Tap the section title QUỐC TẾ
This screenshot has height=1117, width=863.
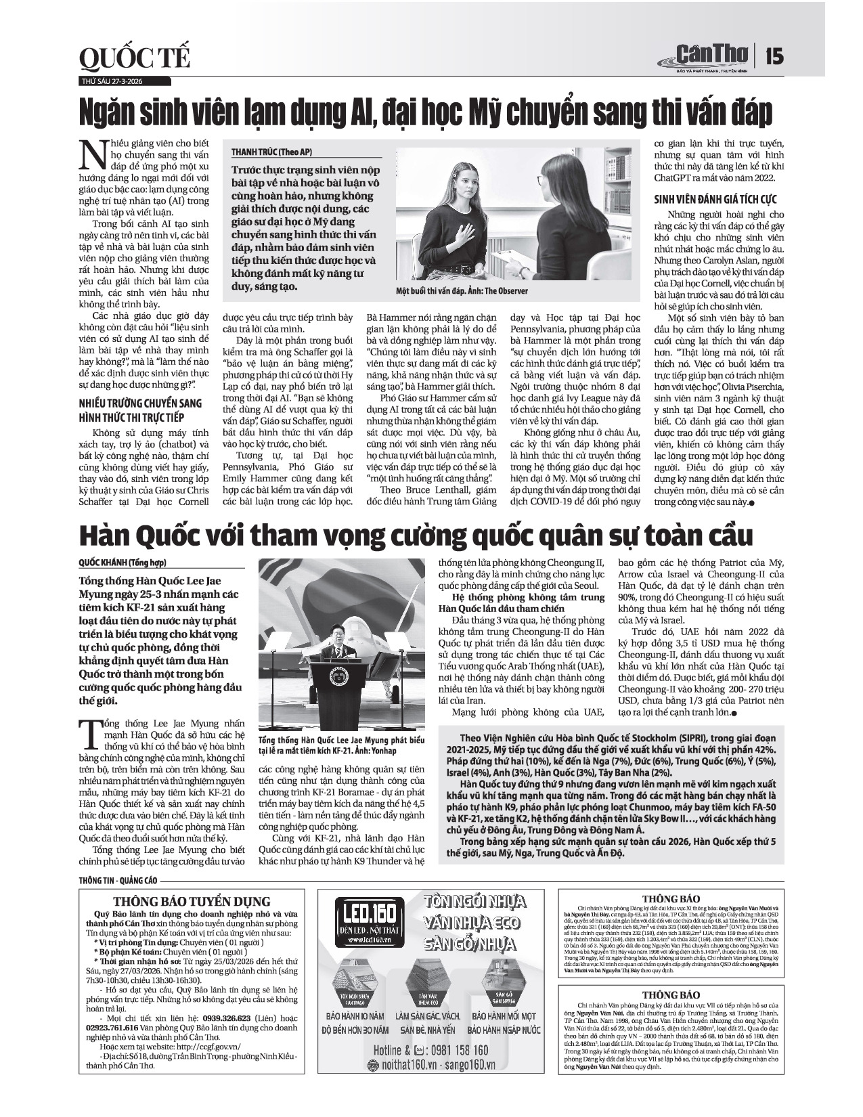134,60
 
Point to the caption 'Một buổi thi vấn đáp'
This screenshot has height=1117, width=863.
462,290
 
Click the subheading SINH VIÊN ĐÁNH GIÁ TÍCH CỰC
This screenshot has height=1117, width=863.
715,199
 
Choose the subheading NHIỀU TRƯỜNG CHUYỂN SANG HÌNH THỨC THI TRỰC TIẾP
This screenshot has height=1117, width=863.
140,410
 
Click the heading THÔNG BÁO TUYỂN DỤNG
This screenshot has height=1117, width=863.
192,901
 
